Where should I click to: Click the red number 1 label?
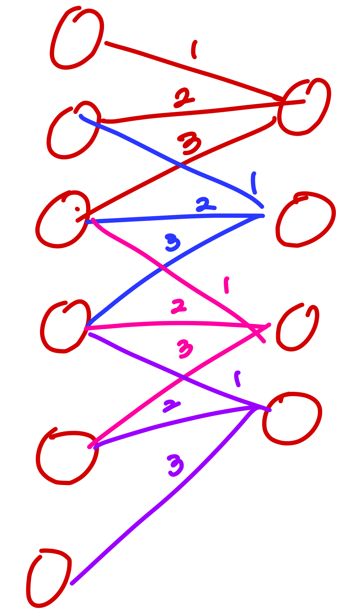tap(194, 50)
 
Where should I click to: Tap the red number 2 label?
tap(183, 98)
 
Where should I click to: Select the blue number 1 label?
tap(254, 183)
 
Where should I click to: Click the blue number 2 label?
tap(204, 205)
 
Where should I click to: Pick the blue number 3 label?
tap(172, 243)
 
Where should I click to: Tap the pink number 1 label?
tap(226, 285)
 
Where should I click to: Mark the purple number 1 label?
tap(237, 379)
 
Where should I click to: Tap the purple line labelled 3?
tap(162, 504)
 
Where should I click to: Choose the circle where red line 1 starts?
tap(76, 39)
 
